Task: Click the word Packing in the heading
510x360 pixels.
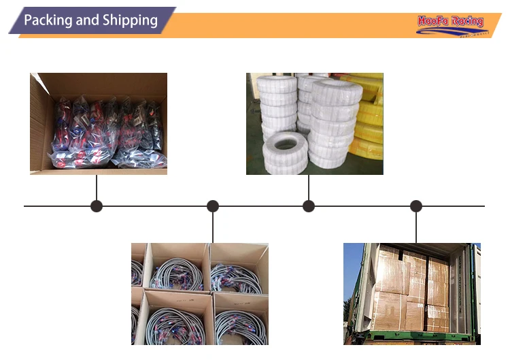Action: tap(47, 20)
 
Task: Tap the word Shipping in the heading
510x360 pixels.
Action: tap(130, 20)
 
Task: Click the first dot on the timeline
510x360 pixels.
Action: tap(97, 206)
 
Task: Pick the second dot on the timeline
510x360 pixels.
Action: tap(213, 206)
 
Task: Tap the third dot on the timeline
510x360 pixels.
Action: tap(309, 206)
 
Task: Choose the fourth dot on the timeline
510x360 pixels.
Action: tap(416, 206)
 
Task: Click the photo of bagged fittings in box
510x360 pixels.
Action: tap(99, 123)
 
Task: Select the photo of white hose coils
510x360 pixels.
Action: tap(314, 123)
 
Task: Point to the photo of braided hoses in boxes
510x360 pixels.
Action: tap(200, 293)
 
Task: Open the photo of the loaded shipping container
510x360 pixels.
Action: tap(411, 293)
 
